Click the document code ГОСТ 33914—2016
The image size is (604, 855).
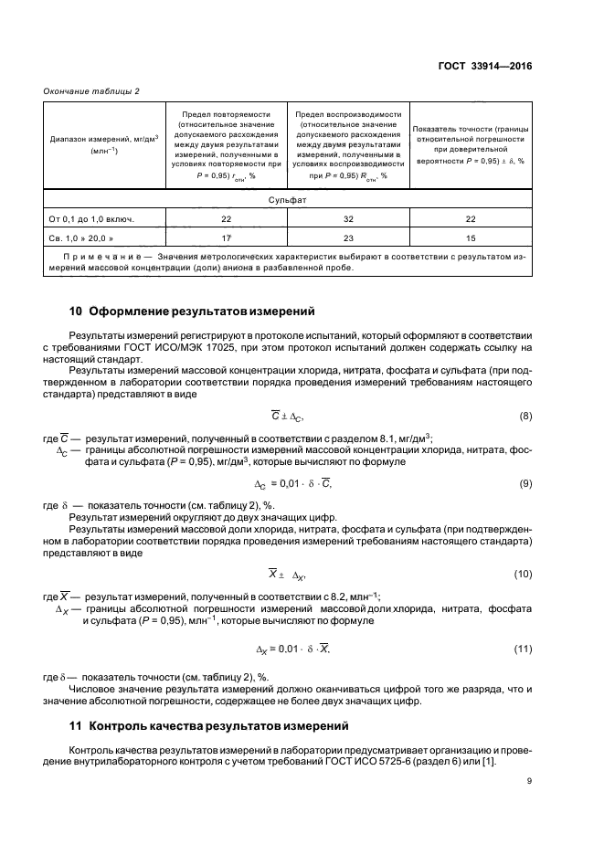click(484, 67)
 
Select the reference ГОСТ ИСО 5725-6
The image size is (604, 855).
click(396, 763)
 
